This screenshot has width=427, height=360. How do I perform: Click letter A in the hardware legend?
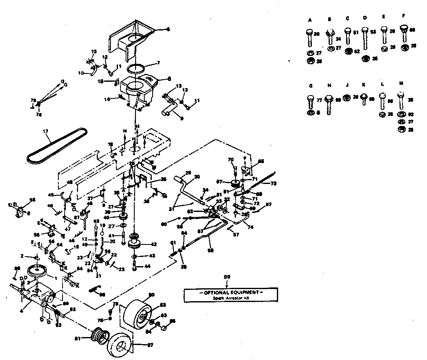coord(310,20)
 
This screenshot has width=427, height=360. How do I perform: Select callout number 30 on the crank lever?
coord(197,176)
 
